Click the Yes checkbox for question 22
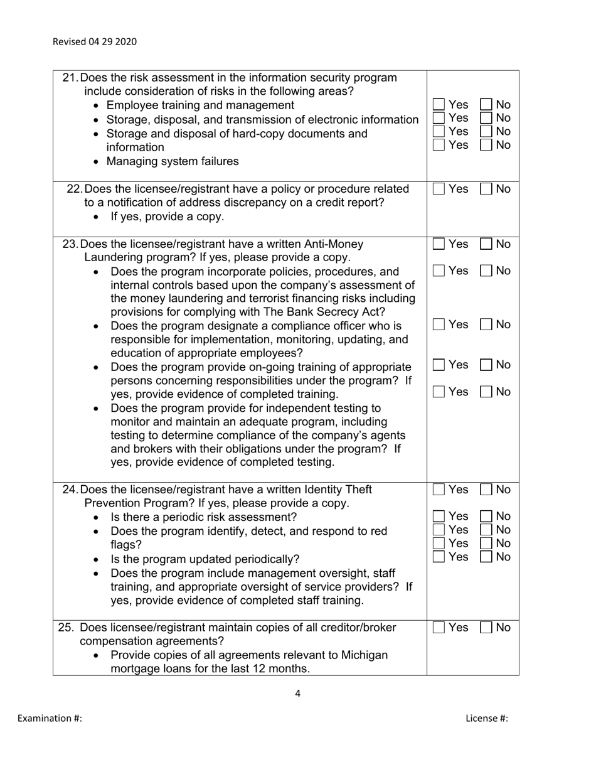point(439,189)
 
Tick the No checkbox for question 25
point(486,628)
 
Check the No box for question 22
point(486,189)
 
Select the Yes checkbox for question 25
point(439,628)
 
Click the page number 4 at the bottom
point(297,694)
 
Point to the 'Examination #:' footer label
point(50,718)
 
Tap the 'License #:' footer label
point(487,718)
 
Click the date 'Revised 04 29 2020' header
point(94,42)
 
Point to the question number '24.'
point(71,489)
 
